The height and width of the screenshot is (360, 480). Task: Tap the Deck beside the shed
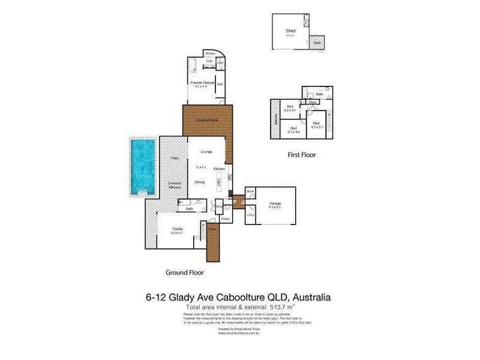(x=317, y=43)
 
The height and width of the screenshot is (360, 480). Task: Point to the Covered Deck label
(x=206, y=121)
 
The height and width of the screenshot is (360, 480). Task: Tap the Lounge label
(x=198, y=152)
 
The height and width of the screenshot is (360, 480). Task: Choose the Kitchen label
(x=219, y=169)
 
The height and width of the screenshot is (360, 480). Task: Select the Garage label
(x=276, y=203)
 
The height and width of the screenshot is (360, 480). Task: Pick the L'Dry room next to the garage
(x=251, y=215)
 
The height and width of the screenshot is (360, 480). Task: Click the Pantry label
(x=226, y=219)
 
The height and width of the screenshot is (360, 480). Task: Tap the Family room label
(x=178, y=229)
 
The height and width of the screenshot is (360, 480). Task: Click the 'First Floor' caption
(x=301, y=155)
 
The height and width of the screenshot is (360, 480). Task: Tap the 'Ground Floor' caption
(x=185, y=272)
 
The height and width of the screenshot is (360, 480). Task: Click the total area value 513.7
(x=308, y=307)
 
